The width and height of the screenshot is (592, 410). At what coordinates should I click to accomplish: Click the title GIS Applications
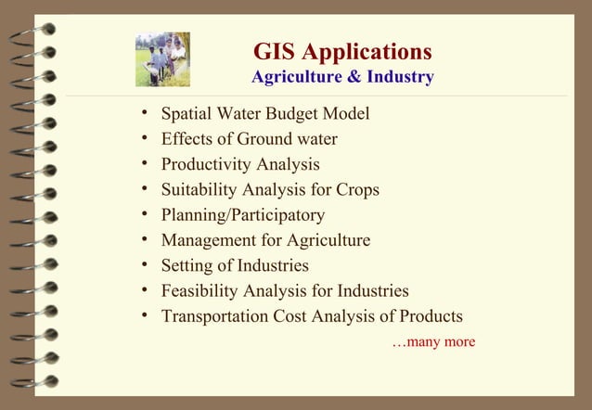342,51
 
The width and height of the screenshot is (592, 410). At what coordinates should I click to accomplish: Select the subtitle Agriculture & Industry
342,77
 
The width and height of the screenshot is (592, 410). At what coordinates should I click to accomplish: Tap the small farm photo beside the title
162,60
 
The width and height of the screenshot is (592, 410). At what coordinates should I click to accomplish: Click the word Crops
355,190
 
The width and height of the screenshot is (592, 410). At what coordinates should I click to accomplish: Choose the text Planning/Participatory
243,215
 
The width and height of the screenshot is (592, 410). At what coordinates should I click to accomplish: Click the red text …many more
433,342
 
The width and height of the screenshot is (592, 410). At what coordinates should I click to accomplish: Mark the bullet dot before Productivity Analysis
144,164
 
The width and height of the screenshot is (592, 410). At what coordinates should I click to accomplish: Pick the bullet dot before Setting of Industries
144,264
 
